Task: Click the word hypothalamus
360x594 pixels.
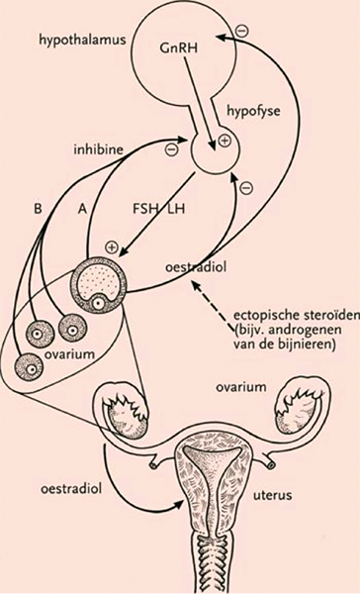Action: (82, 41)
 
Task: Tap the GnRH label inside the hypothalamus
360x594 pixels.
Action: (179, 48)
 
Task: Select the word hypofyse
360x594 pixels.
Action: (253, 111)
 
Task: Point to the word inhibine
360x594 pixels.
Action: (99, 149)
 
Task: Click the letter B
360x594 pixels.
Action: (38, 209)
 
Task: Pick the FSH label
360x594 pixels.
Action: (145, 208)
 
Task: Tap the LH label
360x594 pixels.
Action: (176, 208)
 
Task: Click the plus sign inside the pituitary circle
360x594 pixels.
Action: (225, 141)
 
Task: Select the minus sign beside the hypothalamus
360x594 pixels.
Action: (241, 31)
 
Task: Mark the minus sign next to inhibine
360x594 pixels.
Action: (171, 149)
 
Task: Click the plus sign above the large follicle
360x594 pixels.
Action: (112, 247)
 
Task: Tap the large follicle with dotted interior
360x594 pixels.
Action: (99, 284)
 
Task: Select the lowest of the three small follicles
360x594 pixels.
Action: (29, 367)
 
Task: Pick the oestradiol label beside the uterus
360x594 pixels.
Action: (71, 489)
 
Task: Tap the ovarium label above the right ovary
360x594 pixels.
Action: (240, 387)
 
